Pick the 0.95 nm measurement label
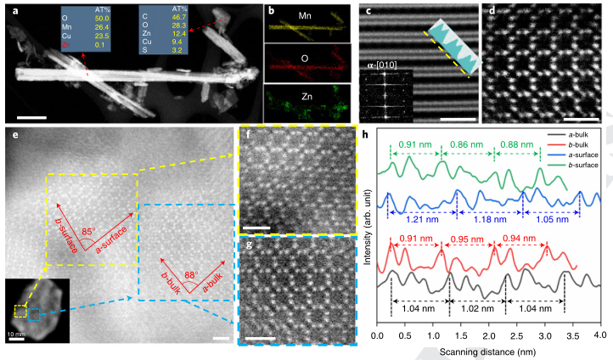point(468,239)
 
